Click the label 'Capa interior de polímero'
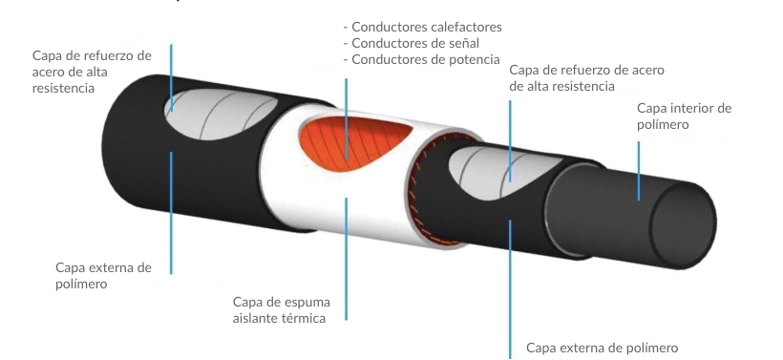tap(684, 116)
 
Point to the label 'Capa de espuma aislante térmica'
tap(282, 309)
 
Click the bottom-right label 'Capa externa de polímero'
tap(603, 348)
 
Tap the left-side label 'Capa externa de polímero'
tap(103, 275)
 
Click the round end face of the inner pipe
tap(683, 225)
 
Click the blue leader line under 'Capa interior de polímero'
tap(639, 171)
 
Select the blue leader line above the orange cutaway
tap(346, 118)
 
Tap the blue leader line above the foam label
tap(346, 259)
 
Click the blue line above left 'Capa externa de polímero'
tap(171, 213)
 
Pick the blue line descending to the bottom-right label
tap(510, 288)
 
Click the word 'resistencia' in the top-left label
tap(63, 88)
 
